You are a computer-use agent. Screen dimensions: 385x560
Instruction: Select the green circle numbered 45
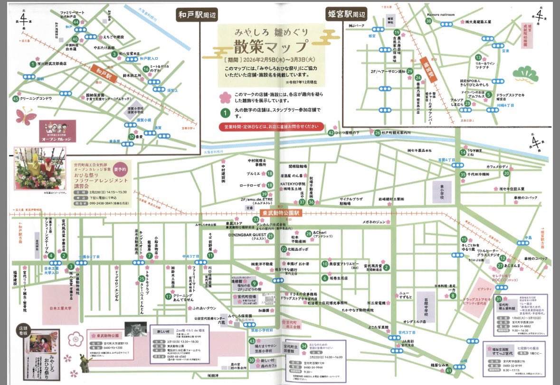[x=16, y=99]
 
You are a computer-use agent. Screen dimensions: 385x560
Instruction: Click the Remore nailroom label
[x=440, y=15]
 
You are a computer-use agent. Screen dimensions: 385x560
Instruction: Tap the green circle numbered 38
[x=429, y=21]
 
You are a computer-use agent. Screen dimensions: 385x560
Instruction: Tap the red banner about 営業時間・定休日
[x=271, y=127]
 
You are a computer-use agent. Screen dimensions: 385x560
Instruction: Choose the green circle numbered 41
[x=449, y=370]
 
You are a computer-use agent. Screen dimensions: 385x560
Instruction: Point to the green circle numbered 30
[x=252, y=360]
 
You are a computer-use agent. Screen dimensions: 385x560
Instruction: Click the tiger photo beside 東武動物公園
[x=135, y=329]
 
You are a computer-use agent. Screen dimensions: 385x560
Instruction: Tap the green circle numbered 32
[x=131, y=137]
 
